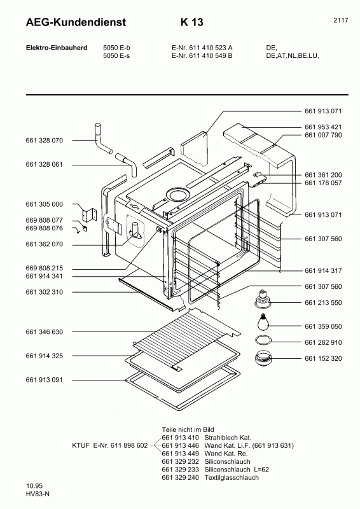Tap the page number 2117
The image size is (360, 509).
coord(341,20)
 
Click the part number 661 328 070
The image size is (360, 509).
coord(45,140)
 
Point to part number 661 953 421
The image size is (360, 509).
coord(323,127)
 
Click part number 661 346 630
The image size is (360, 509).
coord(45,332)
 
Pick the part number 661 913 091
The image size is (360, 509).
coord(45,380)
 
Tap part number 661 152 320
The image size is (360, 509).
coord(323,358)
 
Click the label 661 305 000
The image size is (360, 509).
coord(45,204)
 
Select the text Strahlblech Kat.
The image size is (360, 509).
coord(218,438)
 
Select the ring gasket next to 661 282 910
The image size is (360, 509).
coord(263,341)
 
